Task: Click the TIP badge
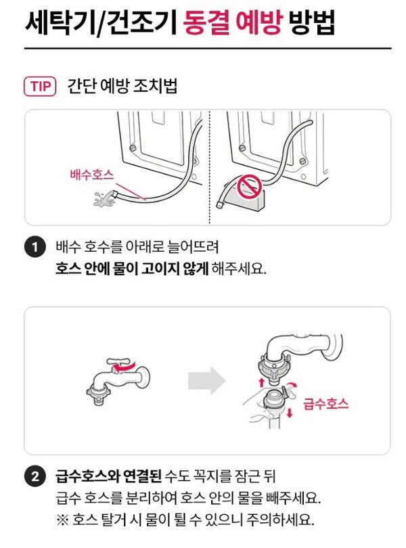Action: [40, 87]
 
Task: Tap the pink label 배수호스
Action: [91, 174]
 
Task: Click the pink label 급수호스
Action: [325, 403]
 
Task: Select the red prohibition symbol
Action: [249, 187]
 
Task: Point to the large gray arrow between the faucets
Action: [206, 380]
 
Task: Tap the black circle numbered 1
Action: [35, 247]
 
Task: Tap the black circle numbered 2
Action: [35, 476]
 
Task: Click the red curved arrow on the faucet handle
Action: [124, 367]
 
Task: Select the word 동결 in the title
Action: [206, 22]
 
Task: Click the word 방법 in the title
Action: [311, 22]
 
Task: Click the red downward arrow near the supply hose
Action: [290, 413]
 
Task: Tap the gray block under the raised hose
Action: [246, 200]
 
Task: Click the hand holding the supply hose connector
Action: [258, 407]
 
